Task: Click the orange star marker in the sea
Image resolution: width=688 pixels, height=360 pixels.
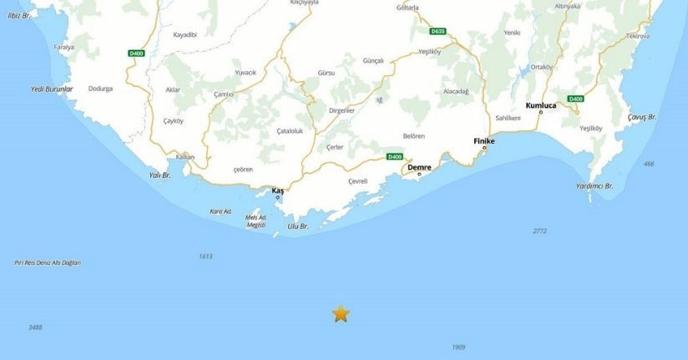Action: tap(341, 313)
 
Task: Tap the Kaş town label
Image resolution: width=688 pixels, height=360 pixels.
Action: tap(278, 190)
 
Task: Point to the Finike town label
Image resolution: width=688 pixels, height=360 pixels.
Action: tap(484, 141)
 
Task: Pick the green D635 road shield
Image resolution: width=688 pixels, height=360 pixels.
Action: tap(438, 32)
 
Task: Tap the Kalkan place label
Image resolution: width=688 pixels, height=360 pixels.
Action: tap(185, 157)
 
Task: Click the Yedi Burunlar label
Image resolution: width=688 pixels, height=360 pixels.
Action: tap(52, 89)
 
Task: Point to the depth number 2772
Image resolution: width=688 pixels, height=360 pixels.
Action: tap(539, 231)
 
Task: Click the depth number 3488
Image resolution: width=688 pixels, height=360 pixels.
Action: tap(35, 327)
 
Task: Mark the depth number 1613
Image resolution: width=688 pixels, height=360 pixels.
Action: tap(205, 256)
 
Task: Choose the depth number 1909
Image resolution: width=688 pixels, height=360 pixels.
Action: tap(458, 347)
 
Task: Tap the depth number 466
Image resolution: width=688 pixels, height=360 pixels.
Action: tap(649, 164)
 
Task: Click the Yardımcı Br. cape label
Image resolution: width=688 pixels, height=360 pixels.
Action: tap(594, 185)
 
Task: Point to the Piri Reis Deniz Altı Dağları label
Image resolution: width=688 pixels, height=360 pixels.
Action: tap(48, 263)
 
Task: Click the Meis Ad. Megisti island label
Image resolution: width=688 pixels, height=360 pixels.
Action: tap(255, 221)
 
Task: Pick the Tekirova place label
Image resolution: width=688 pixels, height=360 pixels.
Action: tap(638, 37)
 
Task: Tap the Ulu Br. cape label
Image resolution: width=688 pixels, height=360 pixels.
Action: tap(297, 226)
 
